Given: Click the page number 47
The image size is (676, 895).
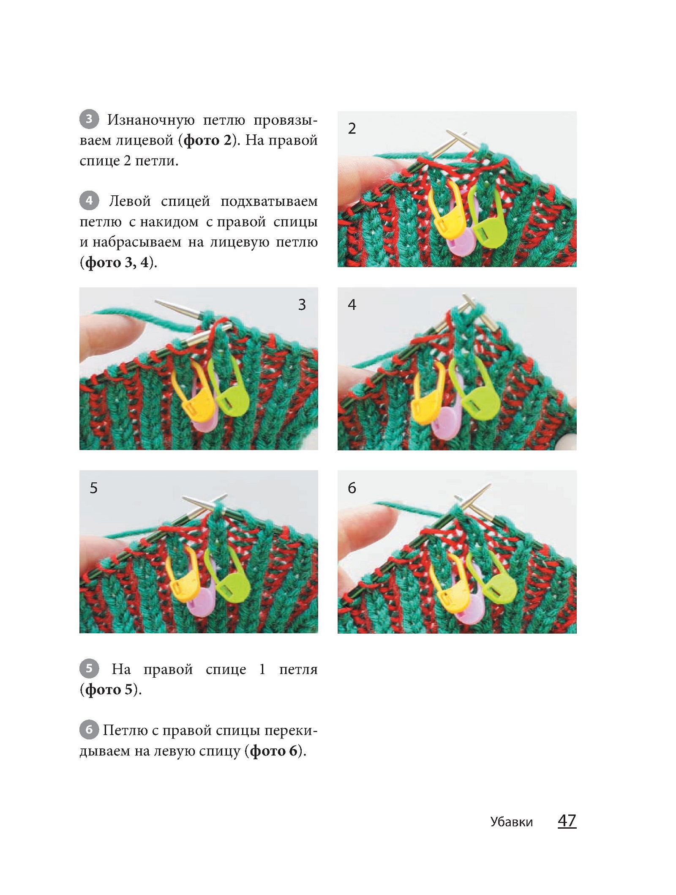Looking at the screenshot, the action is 567,821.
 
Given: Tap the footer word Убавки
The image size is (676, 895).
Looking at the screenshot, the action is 511,822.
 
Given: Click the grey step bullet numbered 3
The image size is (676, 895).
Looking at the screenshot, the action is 89,119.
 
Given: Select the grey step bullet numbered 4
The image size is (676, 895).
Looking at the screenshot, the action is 89,200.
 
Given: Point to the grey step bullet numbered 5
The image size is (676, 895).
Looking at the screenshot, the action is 89,668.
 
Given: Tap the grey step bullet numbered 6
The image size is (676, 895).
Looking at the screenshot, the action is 89,730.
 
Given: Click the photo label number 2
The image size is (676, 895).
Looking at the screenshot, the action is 352,129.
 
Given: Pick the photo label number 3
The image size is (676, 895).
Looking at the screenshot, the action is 302,305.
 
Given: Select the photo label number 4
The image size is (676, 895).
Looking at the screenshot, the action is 352,305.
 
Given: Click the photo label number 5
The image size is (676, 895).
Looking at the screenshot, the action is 94,488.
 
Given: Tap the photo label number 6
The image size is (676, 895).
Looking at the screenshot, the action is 352,488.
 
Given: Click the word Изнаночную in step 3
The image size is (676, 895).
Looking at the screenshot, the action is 151,120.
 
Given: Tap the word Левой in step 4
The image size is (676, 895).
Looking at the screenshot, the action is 130,201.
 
